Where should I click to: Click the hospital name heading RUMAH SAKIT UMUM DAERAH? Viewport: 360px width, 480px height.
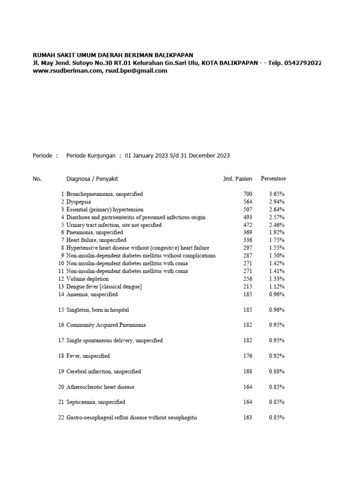click(112, 55)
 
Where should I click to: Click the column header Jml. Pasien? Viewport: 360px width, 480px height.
click(237, 179)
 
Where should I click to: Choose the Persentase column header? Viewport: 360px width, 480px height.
click(273, 179)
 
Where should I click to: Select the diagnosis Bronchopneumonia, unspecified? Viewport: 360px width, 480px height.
click(105, 194)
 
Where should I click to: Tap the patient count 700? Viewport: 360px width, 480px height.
click(247, 194)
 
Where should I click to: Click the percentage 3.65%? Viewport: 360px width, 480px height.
click(277, 194)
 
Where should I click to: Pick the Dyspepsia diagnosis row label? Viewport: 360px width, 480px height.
click(79, 202)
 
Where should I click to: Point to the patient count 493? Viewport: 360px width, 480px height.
click(247, 217)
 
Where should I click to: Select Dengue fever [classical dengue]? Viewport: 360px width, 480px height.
click(104, 286)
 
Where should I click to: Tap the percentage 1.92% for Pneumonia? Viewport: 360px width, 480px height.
click(277, 232)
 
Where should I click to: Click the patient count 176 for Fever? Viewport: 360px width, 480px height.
click(247, 356)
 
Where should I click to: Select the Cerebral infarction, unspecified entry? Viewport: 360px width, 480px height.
click(104, 372)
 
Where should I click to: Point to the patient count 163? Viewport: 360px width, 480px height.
click(247, 417)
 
